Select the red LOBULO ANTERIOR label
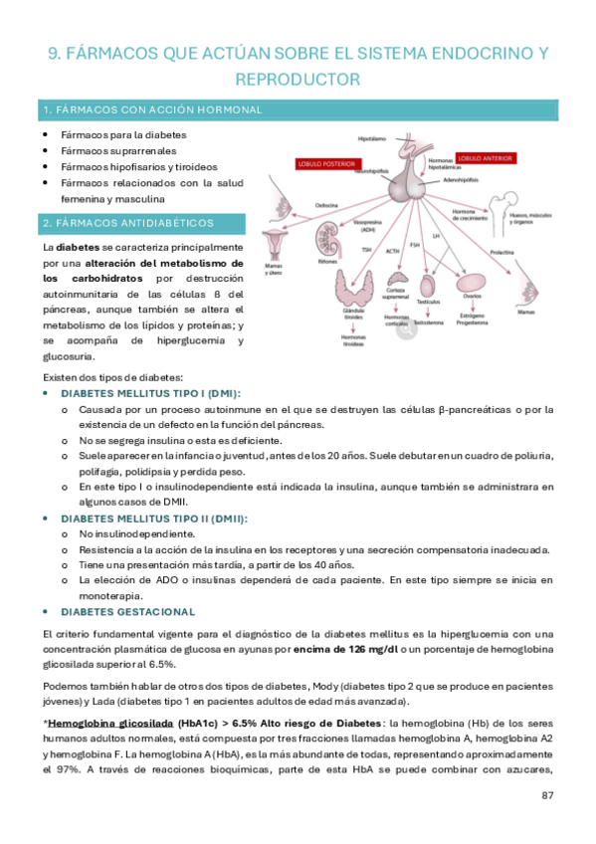[x=484, y=157]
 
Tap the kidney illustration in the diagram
[x=327, y=238]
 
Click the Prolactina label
[x=502, y=253]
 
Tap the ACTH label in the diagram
[x=393, y=250]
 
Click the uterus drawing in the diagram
[x=275, y=243]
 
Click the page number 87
[x=547, y=795]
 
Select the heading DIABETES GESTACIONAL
[x=127, y=611]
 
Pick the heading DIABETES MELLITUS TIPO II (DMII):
[x=154, y=519]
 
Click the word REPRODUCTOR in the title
[x=298, y=78]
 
